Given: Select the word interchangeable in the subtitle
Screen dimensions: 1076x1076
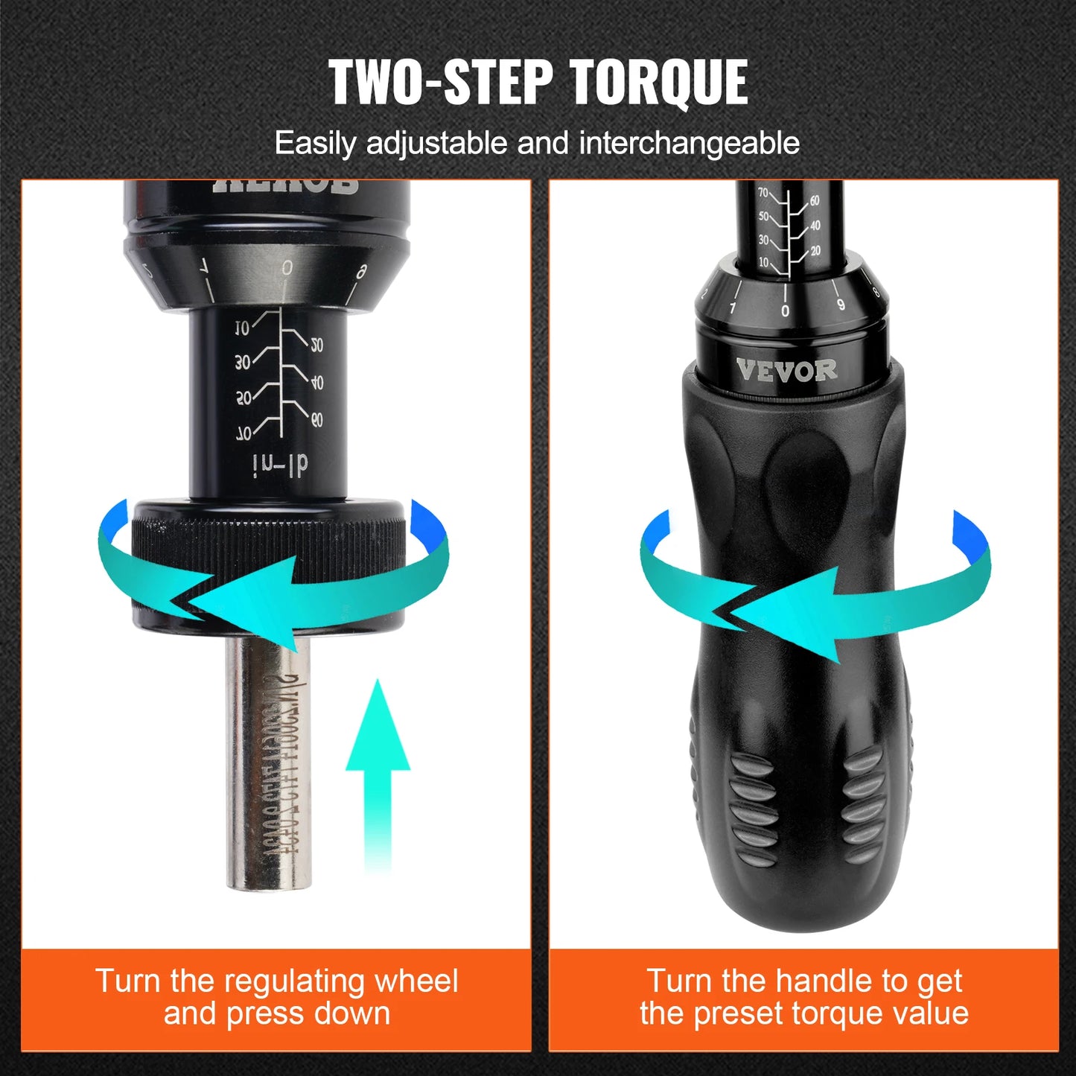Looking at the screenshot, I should tap(689, 143).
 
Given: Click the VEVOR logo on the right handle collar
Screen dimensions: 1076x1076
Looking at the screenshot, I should tap(786, 370).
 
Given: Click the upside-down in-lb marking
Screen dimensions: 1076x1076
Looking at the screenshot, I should tap(281, 465).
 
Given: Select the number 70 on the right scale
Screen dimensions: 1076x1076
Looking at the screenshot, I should tap(763, 192).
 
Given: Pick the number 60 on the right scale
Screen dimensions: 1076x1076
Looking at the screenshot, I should tap(815, 201).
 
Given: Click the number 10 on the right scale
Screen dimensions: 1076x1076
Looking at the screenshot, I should tap(763, 262).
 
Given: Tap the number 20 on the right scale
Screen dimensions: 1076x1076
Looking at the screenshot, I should tap(815, 251).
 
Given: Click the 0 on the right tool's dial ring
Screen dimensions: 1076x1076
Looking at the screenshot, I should tap(785, 311).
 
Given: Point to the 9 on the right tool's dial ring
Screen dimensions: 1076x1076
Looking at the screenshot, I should tap(841, 304).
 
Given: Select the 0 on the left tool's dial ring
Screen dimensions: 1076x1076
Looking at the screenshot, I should tap(287, 269).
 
